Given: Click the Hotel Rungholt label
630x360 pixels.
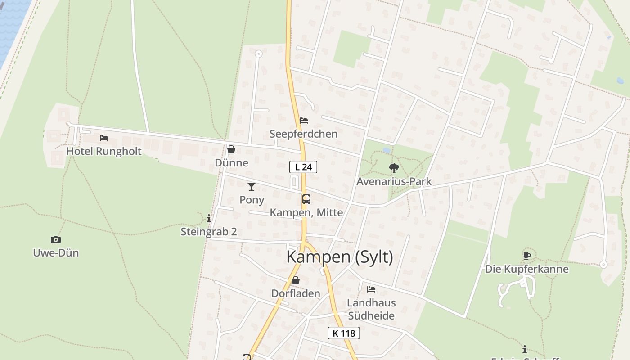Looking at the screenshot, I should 104,151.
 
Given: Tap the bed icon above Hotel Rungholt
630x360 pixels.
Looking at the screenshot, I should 104,138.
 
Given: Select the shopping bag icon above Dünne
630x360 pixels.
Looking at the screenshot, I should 231,149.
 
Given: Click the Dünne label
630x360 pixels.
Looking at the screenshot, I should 231,162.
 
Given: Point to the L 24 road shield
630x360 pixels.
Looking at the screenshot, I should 303,167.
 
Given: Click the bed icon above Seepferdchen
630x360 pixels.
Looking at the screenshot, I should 304,121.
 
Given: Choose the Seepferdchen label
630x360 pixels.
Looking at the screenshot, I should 303,134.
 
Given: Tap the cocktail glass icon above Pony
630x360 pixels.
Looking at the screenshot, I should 252,186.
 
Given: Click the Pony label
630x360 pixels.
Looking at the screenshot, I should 252,199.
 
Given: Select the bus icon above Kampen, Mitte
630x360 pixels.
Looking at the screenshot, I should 306,199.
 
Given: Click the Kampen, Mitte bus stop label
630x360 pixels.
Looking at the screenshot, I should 306,212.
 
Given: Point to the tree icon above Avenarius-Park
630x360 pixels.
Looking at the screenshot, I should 394,168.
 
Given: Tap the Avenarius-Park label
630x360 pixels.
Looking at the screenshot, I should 394,181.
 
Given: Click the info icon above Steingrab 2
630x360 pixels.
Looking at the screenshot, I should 209,219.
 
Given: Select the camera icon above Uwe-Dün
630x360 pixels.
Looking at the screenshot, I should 56,240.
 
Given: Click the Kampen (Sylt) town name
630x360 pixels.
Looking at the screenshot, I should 340,257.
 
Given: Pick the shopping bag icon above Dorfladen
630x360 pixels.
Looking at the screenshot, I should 296,280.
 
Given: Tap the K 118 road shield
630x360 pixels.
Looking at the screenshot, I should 344,333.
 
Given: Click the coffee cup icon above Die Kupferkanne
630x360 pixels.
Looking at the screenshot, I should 527,256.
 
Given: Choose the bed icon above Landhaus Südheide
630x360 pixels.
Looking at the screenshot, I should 371,289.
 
